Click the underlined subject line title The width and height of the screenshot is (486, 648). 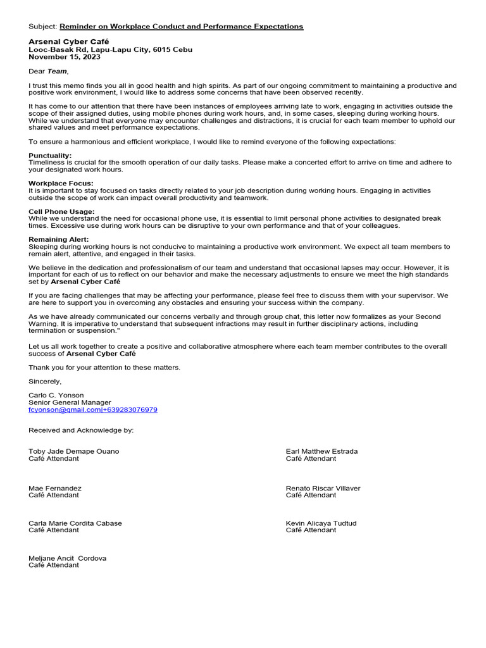tap(181, 27)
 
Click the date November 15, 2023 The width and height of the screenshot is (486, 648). tap(65, 57)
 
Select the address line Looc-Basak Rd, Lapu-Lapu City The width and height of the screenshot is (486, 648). tap(111, 49)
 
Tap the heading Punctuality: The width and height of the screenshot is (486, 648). tap(50, 156)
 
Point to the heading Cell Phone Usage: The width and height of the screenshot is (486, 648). tap(61, 211)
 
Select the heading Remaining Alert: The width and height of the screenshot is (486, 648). tap(58, 239)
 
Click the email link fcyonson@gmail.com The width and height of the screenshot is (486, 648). tap(65, 410)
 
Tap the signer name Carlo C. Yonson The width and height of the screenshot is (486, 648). tap(56, 395)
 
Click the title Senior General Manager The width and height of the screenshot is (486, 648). tap(70, 402)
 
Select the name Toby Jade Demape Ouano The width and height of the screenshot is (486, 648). tap(73, 451)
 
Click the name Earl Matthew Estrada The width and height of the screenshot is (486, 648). tap(321, 451)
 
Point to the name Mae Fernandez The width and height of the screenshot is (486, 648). tap(55, 489)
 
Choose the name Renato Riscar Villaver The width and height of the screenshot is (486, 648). tap(323, 489)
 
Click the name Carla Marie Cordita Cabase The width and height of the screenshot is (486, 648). tap(75, 523)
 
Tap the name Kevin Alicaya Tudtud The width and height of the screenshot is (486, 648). tap(321, 523)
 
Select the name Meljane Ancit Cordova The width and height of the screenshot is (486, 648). tap(68, 558)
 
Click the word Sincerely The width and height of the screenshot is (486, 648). tap(45, 382)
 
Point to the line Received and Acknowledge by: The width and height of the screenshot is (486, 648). tap(81, 430)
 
